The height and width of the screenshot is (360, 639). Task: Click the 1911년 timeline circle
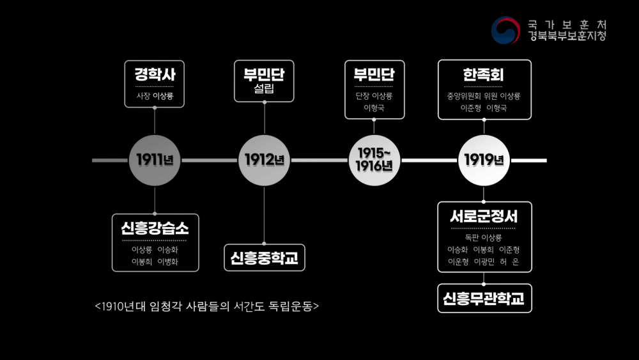click(x=155, y=160)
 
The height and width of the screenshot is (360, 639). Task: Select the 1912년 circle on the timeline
click(x=264, y=160)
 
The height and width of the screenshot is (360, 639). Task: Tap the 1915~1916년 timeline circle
click(x=374, y=160)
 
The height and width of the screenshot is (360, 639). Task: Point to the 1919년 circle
click(x=484, y=160)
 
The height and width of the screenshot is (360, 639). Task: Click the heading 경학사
click(x=155, y=75)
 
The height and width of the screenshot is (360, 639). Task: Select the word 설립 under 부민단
click(x=264, y=88)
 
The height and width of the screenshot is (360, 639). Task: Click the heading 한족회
click(x=483, y=75)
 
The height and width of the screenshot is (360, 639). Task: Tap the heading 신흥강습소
click(x=155, y=228)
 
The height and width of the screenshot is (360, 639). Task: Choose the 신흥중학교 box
click(x=265, y=258)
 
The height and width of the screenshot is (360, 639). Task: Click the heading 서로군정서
click(x=484, y=217)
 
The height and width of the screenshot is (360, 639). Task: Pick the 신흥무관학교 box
click(x=484, y=299)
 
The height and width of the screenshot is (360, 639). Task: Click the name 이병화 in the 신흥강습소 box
click(x=168, y=262)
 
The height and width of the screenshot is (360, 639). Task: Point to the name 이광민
click(x=484, y=262)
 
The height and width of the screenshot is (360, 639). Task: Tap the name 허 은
click(x=510, y=262)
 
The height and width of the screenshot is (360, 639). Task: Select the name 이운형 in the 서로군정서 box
click(x=458, y=262)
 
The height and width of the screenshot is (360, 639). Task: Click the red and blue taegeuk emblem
click(x=505, y=30)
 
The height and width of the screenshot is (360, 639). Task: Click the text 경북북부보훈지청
click(x=567, y=36)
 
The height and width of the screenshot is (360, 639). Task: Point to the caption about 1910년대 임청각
click(x=206, y=306)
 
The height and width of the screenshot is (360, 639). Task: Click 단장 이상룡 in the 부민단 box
click(x=374, y=96)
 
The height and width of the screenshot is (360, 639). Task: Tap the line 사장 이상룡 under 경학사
click(x=155, y=96)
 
